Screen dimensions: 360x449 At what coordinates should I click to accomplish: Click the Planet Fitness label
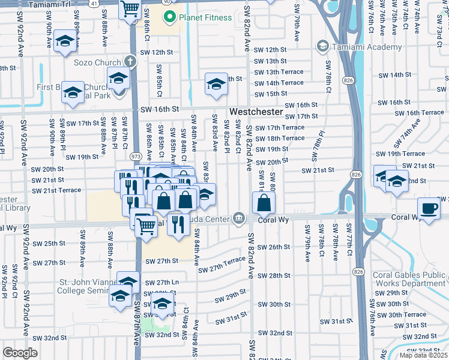pyautogui.click(x=206, y=17)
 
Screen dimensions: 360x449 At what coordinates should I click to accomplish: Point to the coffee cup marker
pyautogui.click(x=429, y=209)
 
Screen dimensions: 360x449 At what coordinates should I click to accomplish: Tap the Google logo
pyautogui.click(x=20, y=353)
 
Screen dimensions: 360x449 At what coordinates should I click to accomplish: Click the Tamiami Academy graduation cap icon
pyautogui.click(x=322, y=46)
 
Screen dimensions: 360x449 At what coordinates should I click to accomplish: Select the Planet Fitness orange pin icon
pyautogui.click(x=170, y=17)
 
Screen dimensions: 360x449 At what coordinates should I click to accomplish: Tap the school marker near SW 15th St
pyautogui.click(x=215, y=84)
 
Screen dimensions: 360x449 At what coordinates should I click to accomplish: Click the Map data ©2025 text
pyautogui.click(x=424, y=355)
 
